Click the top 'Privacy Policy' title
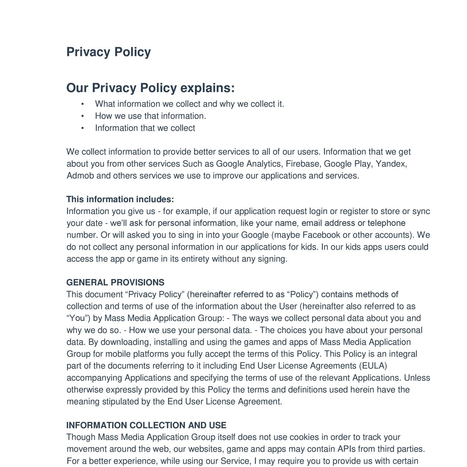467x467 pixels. pos(109,52)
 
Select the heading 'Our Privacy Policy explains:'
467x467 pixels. pos(150,88)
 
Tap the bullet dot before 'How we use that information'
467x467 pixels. pos(83,116)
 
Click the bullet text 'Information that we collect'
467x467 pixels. pos(145,128)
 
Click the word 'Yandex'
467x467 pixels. pos(391,164)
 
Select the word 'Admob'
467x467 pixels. pos(80,176)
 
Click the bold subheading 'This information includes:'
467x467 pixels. pos(120,199)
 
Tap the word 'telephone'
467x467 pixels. pos(386,223)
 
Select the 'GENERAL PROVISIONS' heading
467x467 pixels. pos(115,282)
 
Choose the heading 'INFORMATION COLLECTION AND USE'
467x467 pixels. pos(146,425)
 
